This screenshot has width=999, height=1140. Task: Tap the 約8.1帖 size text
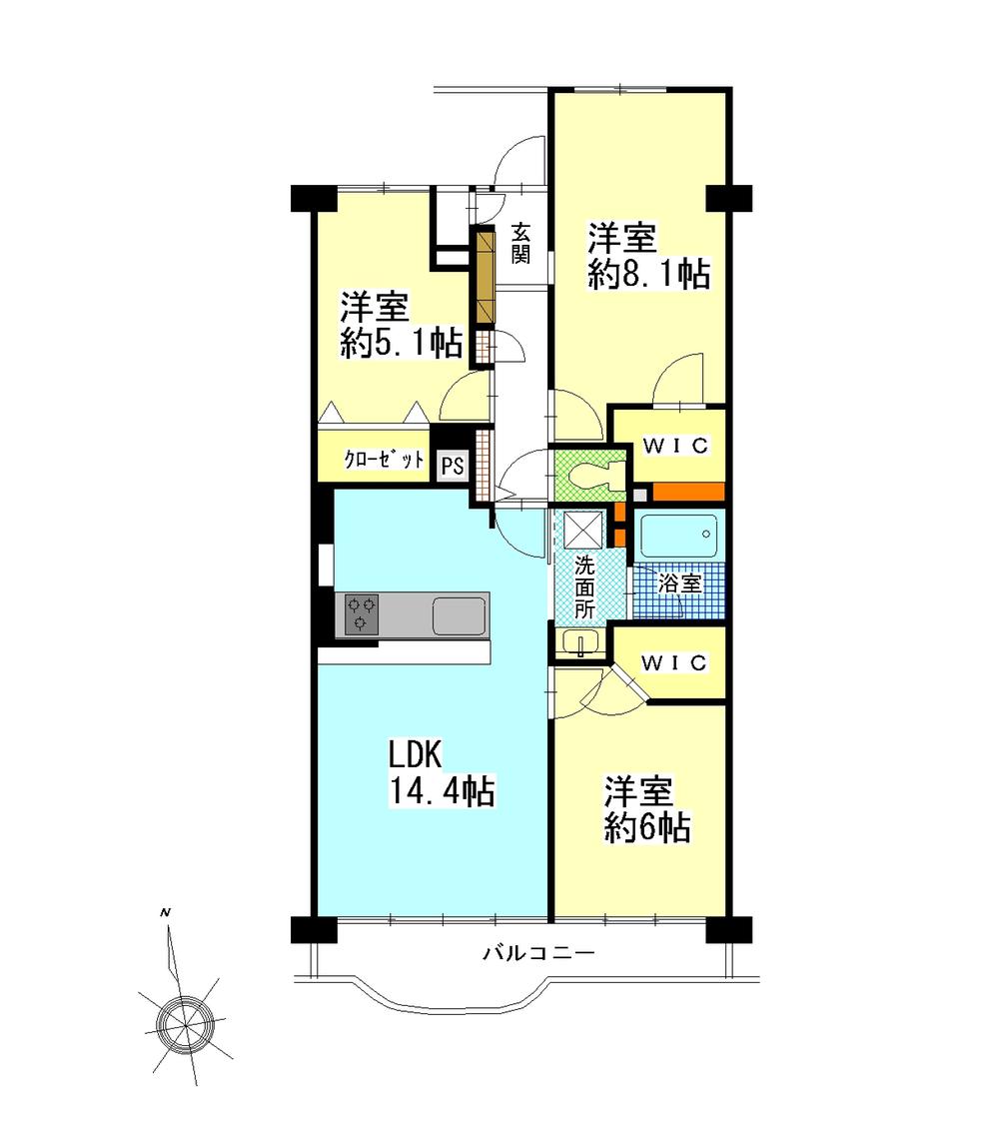(648, 276)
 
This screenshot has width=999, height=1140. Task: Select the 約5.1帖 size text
(400, 344)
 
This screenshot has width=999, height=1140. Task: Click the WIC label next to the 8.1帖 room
(675, 446)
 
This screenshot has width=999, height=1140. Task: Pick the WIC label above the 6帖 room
(674, 662)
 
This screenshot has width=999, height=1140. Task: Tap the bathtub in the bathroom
(679, 537)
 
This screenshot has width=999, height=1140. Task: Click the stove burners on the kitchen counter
(362, 613)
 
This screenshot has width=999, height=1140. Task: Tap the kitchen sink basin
(459, 613)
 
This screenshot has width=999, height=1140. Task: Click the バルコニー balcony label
(539, 954)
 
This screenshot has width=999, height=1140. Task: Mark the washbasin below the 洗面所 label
(580, 641)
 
